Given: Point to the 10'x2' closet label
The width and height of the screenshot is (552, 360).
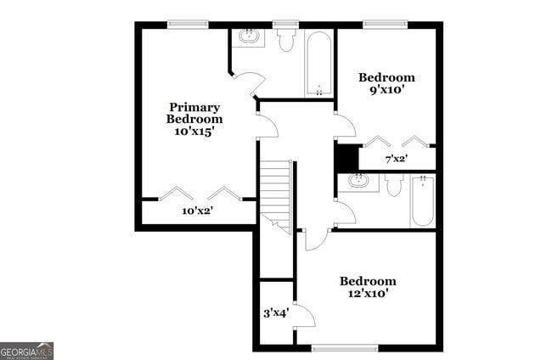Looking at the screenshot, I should tap(197, 211).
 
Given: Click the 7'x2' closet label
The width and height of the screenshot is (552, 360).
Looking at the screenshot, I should tap(397, 159).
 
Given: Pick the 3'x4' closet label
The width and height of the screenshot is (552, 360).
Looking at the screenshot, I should tap(275, 312).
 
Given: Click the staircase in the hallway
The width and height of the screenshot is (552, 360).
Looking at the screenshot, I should tap(275, 191).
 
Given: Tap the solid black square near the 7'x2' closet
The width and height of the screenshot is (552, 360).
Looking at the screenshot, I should tap(346, 158).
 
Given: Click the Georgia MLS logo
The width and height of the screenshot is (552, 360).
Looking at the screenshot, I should tap(27, 351).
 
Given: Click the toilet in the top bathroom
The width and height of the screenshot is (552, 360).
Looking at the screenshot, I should tap(285, 40).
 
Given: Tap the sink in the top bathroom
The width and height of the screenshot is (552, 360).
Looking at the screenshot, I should tap(250, 37).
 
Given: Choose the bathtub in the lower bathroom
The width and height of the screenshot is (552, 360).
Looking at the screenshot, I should tap(422, 200).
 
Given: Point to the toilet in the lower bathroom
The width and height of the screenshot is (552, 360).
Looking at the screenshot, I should tap(393, 185).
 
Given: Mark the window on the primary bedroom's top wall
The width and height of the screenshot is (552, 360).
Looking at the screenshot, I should tap(188, 25).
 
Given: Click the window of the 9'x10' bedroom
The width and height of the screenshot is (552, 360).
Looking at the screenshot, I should tap(384, 25).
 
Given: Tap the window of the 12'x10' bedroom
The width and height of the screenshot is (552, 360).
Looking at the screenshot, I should tap(344, 347).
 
